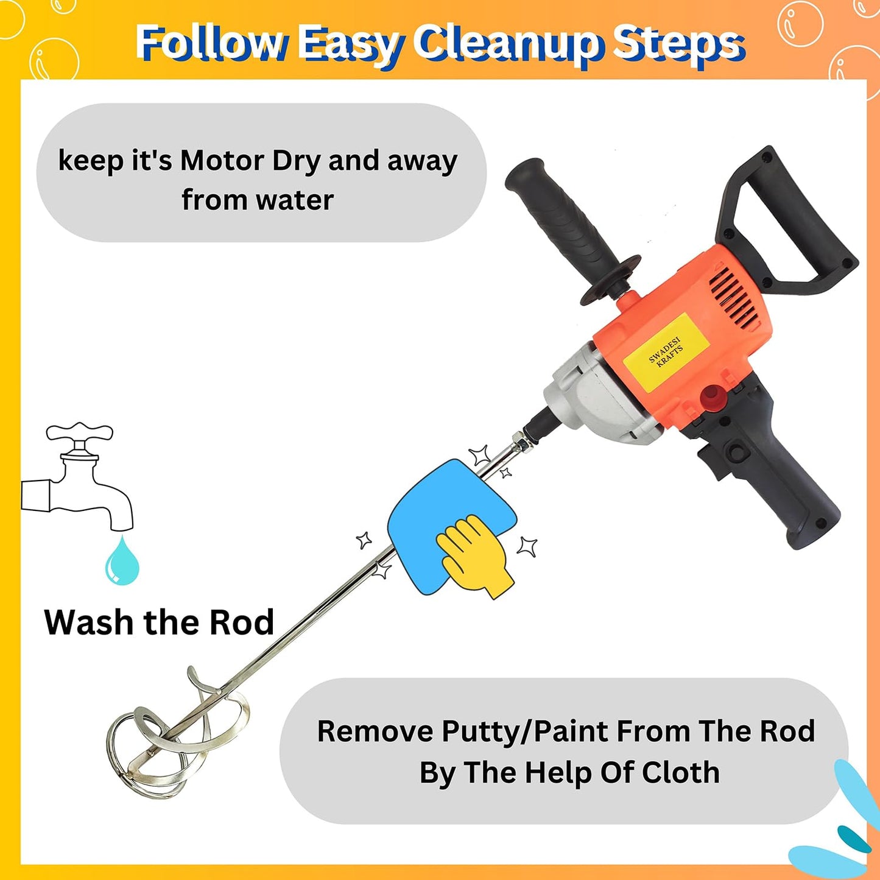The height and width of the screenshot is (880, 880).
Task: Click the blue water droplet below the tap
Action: click(122, 560)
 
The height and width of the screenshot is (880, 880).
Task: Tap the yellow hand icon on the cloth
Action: click(475, 555)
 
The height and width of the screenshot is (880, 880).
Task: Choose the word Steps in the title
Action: click(678, 44)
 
